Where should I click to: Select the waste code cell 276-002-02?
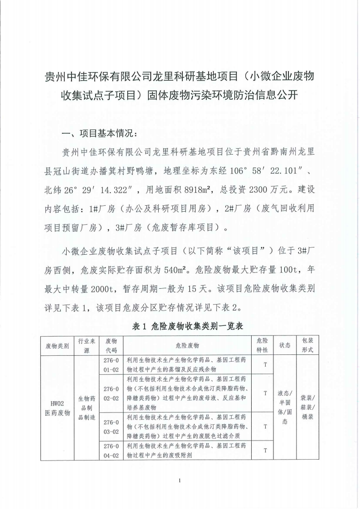(111, 393)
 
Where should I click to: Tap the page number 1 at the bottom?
(180, 480)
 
